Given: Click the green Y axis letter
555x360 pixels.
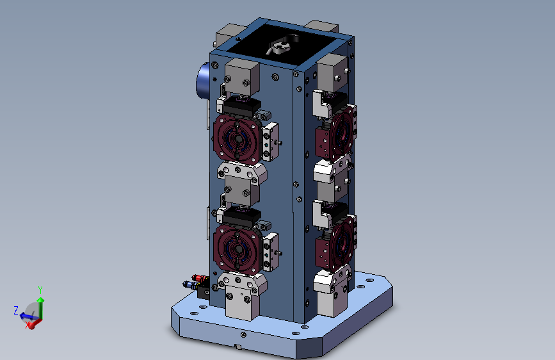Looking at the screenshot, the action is pos(40,290).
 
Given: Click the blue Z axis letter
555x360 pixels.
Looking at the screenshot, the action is pos(16,311).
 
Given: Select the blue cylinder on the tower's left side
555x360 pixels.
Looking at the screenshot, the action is pos(202,82).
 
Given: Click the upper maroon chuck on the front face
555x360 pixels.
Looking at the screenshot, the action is pos(238,139).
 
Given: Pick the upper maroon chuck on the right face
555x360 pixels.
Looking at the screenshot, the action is pos(336,133).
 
